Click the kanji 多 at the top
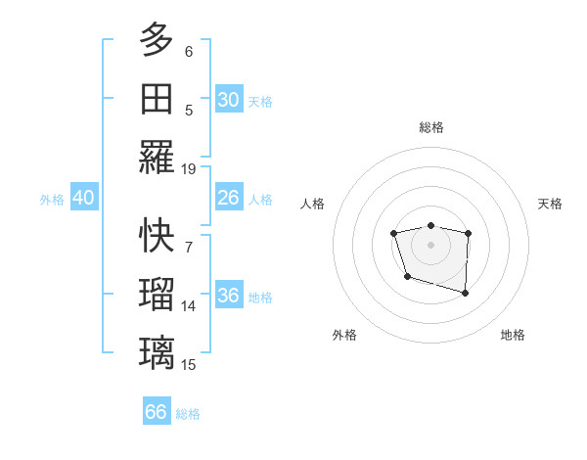[x=157, y=41]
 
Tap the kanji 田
[x=157, y=98]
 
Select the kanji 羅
[x=157, y=157]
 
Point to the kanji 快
[x=157, y=235]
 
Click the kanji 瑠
[x=157, y=294]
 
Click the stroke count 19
[x=189, y=168]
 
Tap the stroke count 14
[x=189, y=306]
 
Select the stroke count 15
[x=189, y=365]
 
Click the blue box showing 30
[x=228, y=100]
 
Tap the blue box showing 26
[x=228, y=198]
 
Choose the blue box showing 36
[x=228, y=296]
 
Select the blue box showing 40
[x=83, y=198]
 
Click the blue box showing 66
[x=156, y=412]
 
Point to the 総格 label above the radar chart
[x=430, y=127]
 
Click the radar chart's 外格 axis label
[x=344, y=335]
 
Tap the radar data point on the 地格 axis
[x=465, y=293]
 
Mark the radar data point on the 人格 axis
[x=393, y=233]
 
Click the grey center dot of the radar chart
[x=430, y=244]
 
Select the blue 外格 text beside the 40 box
[x=52, y=200]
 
